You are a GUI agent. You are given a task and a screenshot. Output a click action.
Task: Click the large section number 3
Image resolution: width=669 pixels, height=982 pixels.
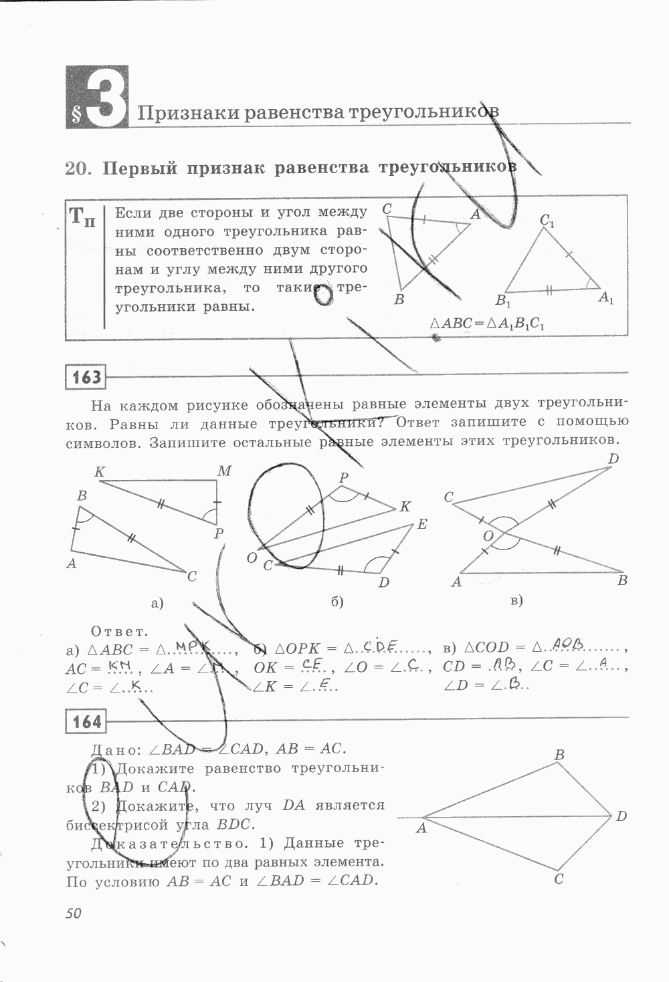(x=106, y=97)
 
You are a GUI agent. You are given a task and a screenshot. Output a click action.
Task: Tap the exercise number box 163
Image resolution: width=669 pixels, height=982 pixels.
(x=86, y=377)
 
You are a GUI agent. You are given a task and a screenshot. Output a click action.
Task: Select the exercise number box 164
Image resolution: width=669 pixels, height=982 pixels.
(x=86, y=722)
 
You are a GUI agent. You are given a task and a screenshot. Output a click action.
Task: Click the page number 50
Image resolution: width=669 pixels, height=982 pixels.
(x=74, y=913)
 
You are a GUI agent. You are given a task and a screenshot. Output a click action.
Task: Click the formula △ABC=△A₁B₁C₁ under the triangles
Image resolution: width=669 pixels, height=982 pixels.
(x=488, y=323)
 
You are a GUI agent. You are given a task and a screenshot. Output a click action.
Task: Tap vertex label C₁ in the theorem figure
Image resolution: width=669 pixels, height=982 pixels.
(x=547, y=221)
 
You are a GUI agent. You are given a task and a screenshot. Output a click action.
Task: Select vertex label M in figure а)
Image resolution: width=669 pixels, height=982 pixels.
(x=224, y=471)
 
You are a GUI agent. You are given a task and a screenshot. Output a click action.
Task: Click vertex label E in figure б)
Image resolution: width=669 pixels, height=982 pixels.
(x=421, y=524)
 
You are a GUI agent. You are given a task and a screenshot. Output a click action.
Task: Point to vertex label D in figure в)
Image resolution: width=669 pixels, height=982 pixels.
(x=613, y=459)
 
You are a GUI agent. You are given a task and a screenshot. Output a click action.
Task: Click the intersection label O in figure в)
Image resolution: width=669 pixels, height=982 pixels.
(x=488, y=536)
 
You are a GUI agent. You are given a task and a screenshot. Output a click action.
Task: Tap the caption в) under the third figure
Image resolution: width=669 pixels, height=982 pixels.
(x=516, y=600)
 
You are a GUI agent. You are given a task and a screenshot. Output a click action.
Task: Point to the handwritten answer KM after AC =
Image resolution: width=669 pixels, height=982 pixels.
(x=122, y=666)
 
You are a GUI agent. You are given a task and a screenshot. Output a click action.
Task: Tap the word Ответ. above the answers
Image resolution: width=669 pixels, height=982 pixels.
(x=118, y=631)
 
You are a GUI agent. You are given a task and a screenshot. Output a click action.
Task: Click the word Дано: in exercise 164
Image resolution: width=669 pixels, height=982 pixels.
(x=114, y=749)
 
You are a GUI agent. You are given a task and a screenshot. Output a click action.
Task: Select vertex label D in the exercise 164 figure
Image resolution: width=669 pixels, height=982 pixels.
(x=621, y=816)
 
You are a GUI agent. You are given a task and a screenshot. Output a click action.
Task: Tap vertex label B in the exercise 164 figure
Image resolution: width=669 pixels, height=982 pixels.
(x=560, y=755)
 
